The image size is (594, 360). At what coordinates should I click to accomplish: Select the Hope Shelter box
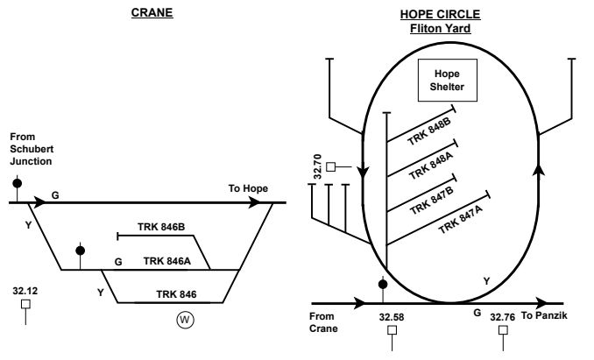[x=447, y=80]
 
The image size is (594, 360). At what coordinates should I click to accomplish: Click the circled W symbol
[x=185, y=320]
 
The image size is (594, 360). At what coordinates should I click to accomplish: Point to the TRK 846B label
[x=161, y=227]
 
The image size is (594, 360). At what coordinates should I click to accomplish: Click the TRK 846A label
[x=166, y=260]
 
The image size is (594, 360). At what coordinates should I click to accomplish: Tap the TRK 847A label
[x=460, y=214]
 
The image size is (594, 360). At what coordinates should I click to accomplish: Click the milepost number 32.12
[x=27, y=286]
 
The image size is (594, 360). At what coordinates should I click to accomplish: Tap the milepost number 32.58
[x=392, y=316]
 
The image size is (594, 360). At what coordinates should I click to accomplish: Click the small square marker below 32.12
[x=26, y=304]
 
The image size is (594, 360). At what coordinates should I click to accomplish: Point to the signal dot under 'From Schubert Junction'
[x=17, y=183]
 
